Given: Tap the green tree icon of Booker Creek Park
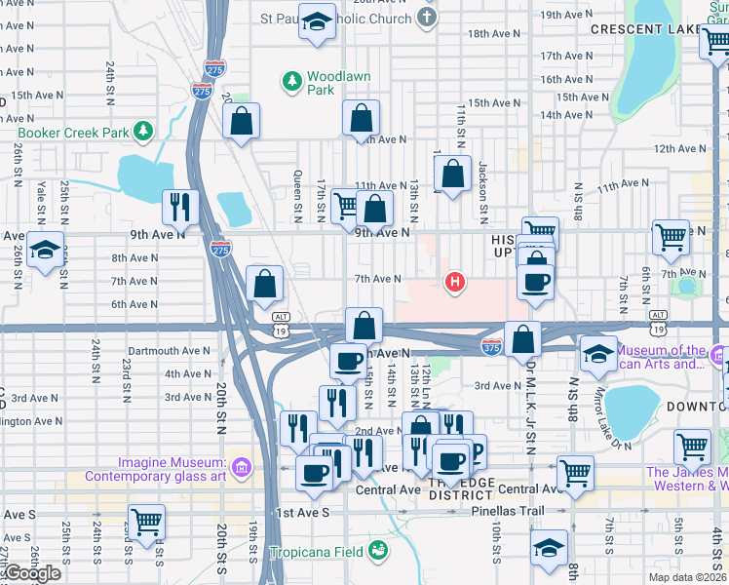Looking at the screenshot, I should pos(143,130).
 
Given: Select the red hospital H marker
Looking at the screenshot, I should pos(453,284).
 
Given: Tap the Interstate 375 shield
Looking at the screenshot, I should pos(491,346).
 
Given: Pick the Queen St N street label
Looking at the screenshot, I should pos(297,196).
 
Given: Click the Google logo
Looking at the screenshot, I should pos(31,573).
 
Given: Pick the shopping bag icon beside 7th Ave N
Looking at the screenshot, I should pos(265,284).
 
